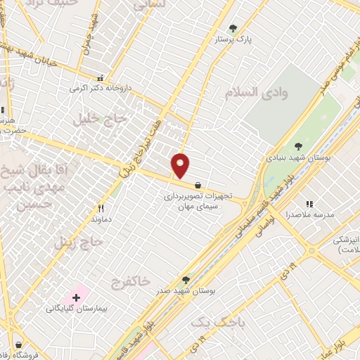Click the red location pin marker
point(181,165)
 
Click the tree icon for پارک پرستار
point(233,29)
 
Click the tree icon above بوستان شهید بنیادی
point(299,146)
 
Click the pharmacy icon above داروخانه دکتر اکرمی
point(101,79)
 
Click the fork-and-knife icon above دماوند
point(101,208)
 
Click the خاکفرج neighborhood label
point(130,281)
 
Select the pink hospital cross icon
point(76,297)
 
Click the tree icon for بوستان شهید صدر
point(185,279)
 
